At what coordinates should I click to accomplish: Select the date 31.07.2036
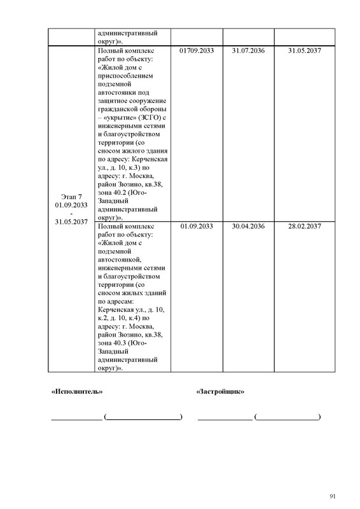(x=248, y=50)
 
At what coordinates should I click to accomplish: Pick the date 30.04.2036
(x=248, y=226)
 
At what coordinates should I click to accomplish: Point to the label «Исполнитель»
(x=76, y=392)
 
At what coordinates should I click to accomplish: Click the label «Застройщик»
(x=221, y=392)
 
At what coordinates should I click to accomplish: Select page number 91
(x=332, y=496)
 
